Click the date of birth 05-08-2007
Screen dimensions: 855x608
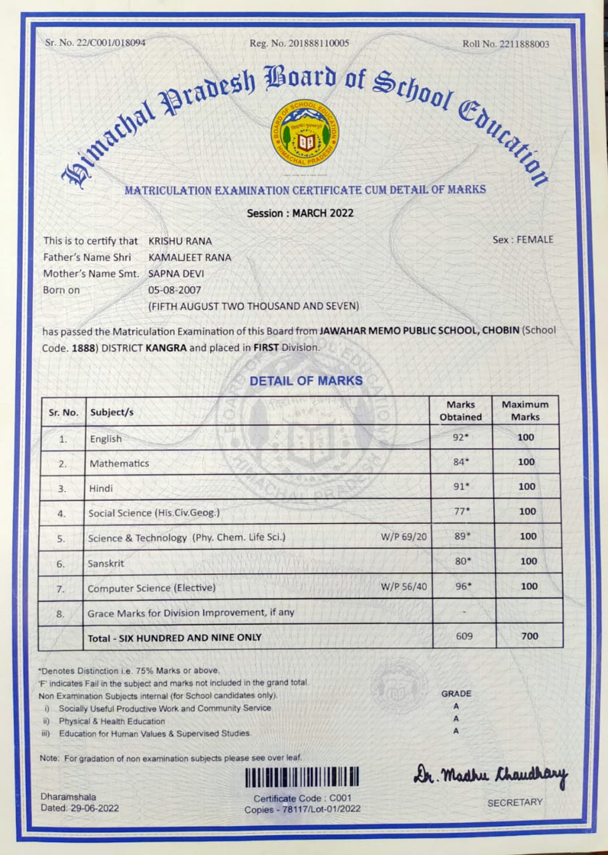[174, 290]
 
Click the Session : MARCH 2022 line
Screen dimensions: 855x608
[300, 214]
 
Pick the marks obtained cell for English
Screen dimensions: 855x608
[462, 438]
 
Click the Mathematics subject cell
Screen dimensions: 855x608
[120, 463]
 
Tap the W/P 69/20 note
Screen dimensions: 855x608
[404, 536]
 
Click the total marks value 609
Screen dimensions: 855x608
[464, 636]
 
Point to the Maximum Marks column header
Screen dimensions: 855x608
[525, 410]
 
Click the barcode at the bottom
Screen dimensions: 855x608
[302, 777]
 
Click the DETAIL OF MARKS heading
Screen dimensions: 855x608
[306, 381]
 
